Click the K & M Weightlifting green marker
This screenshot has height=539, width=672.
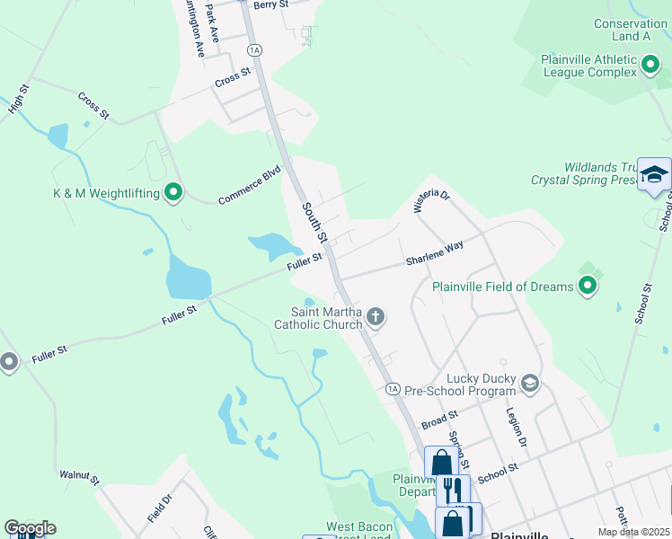point(174,192)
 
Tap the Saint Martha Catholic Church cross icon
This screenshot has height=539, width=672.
point(376,316)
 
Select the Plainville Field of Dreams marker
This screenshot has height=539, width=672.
point(588,287)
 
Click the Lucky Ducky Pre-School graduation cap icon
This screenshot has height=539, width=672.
point(530,384)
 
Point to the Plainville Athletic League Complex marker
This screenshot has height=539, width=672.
point(651,65)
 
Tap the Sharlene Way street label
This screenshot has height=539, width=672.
point(434,252)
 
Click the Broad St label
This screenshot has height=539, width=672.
point(440,418)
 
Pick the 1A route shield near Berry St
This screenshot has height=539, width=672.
point(255,50)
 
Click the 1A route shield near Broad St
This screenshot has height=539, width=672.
point(393,389)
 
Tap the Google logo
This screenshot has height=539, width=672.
point(30,528)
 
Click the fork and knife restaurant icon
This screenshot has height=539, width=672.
point(453,490)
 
